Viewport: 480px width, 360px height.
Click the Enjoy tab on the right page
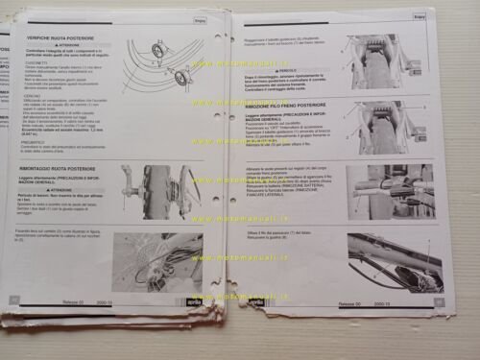point(420,15)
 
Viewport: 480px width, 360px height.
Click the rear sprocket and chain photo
point(157,260)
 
